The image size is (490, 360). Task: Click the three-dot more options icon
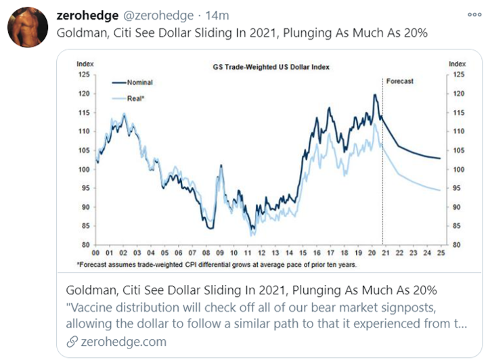475,14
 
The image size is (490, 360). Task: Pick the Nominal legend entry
139,82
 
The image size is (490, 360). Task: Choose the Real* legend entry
136,97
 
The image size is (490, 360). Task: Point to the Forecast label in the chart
399,81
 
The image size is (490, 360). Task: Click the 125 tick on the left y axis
83,74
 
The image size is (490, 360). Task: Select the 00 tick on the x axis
97,254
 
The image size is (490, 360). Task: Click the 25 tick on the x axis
441,254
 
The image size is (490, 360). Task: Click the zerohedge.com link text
123,342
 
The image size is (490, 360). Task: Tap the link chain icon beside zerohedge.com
72,342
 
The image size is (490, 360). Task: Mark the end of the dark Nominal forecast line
440,158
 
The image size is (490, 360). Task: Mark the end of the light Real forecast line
440,190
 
